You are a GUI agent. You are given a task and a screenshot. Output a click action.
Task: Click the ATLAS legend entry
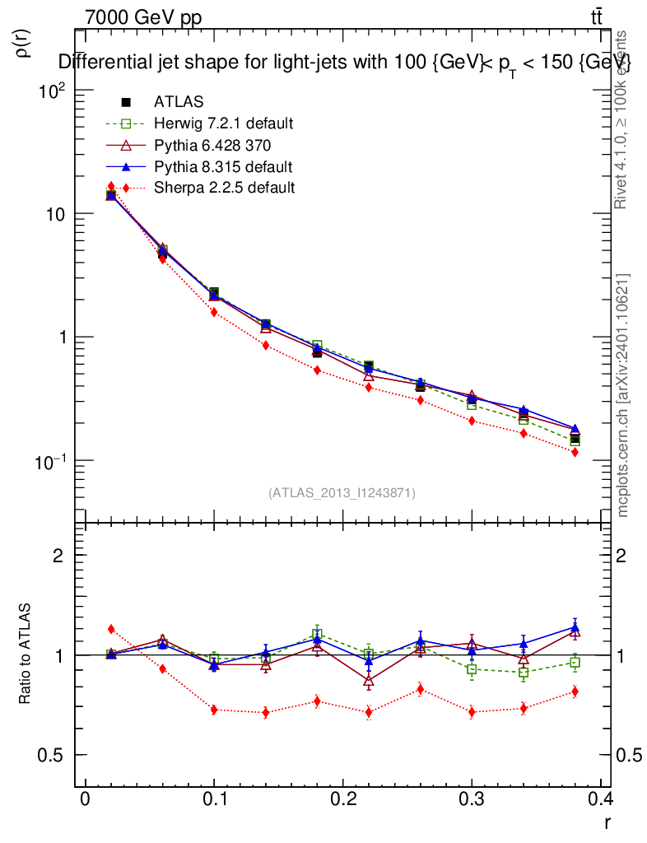(179, 102)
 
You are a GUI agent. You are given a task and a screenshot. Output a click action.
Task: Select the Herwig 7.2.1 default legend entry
(223, 123)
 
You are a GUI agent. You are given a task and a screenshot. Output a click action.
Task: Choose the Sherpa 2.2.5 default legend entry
(224, 188)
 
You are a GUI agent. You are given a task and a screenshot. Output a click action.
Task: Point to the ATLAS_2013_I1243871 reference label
(342, 492)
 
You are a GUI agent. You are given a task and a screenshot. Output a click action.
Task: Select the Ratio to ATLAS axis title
(26, 655)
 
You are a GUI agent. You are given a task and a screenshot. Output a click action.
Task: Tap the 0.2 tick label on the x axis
(343, 799)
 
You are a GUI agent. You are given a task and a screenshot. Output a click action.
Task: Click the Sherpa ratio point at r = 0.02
(111, 630)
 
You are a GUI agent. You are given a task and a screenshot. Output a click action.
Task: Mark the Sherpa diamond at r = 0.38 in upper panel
(575, 452)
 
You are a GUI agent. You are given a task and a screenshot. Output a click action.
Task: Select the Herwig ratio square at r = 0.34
(524, 673)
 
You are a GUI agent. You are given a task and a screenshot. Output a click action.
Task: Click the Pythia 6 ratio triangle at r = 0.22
(369, 681)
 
